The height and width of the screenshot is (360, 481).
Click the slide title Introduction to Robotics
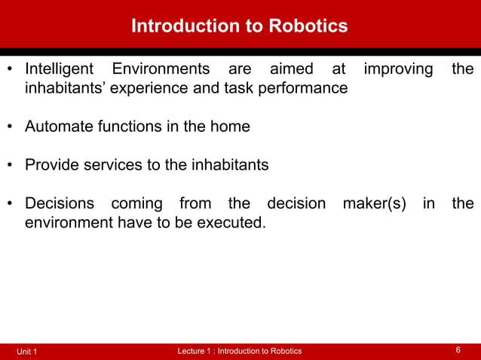[240, 26]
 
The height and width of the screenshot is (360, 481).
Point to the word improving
[398, 69]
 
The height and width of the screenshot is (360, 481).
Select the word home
[230, 127]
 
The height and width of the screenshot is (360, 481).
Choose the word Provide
[54, 165]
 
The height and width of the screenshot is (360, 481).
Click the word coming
[136, 203]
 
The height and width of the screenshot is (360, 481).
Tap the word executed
[230, 222]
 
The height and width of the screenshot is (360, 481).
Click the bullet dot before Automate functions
[11, 127]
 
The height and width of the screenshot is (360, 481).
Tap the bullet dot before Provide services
[11, 166]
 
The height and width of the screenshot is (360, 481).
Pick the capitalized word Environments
[161, 69]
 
